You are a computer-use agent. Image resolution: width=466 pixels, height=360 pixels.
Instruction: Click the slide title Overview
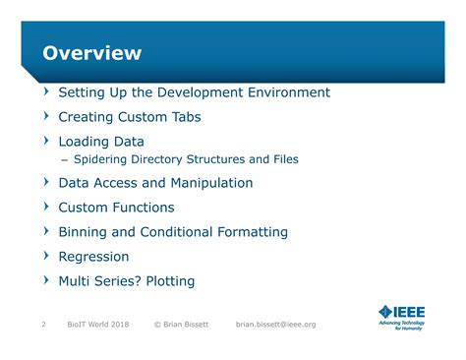click(x=91, y=53)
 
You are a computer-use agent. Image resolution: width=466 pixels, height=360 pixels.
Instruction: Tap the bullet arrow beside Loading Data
click(x=45, y=142)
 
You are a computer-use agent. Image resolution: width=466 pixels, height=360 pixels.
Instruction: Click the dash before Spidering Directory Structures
click(x=64, y=159)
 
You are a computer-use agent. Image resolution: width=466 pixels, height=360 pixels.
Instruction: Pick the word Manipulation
click(x=209, y=183)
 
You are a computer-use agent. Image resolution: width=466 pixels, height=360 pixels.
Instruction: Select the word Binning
click(x=85, y=232)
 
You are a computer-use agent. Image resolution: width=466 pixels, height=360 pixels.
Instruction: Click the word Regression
click(x=93, y=257)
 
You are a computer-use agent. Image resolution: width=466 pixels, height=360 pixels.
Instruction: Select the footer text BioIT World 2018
click(x=98, y=325)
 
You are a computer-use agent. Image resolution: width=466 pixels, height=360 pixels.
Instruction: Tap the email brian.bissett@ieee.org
click(x=276, y=325)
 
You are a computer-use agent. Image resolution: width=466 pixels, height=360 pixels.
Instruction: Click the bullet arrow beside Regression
click(x=45, y=257)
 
